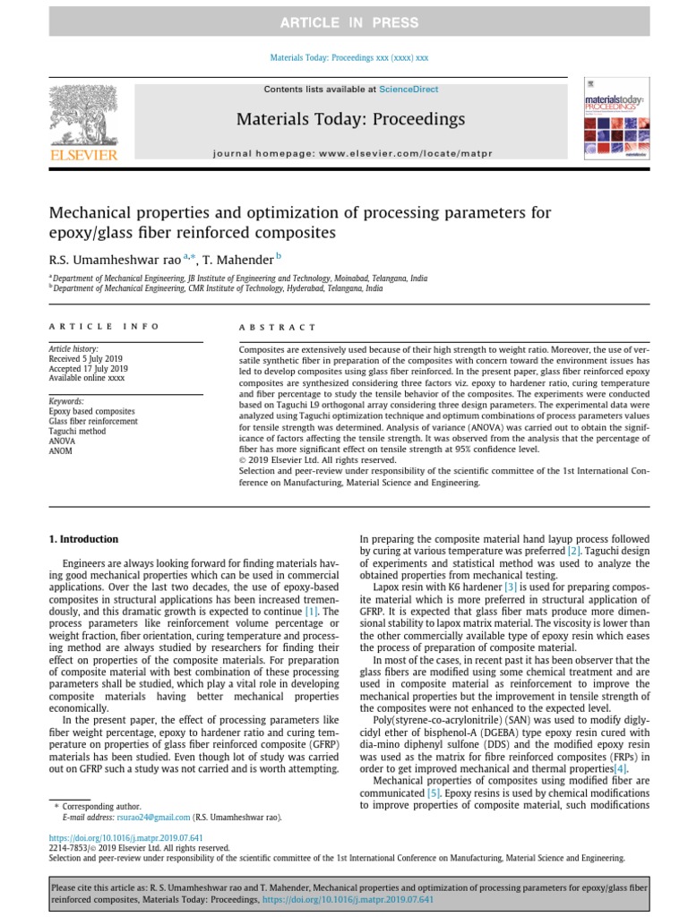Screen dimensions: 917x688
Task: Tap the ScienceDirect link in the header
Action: [408, 90]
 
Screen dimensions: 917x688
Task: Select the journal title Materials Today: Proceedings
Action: [350, 119]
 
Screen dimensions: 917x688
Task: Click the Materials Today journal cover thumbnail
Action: [614, 122]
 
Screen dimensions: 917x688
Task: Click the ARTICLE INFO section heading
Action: [105, 327]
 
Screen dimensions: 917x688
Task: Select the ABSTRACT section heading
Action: [278, 328]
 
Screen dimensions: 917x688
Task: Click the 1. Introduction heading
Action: [82, 539]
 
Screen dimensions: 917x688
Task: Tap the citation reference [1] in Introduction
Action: [311, 610]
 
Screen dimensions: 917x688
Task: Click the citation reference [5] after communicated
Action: [434, 793]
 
